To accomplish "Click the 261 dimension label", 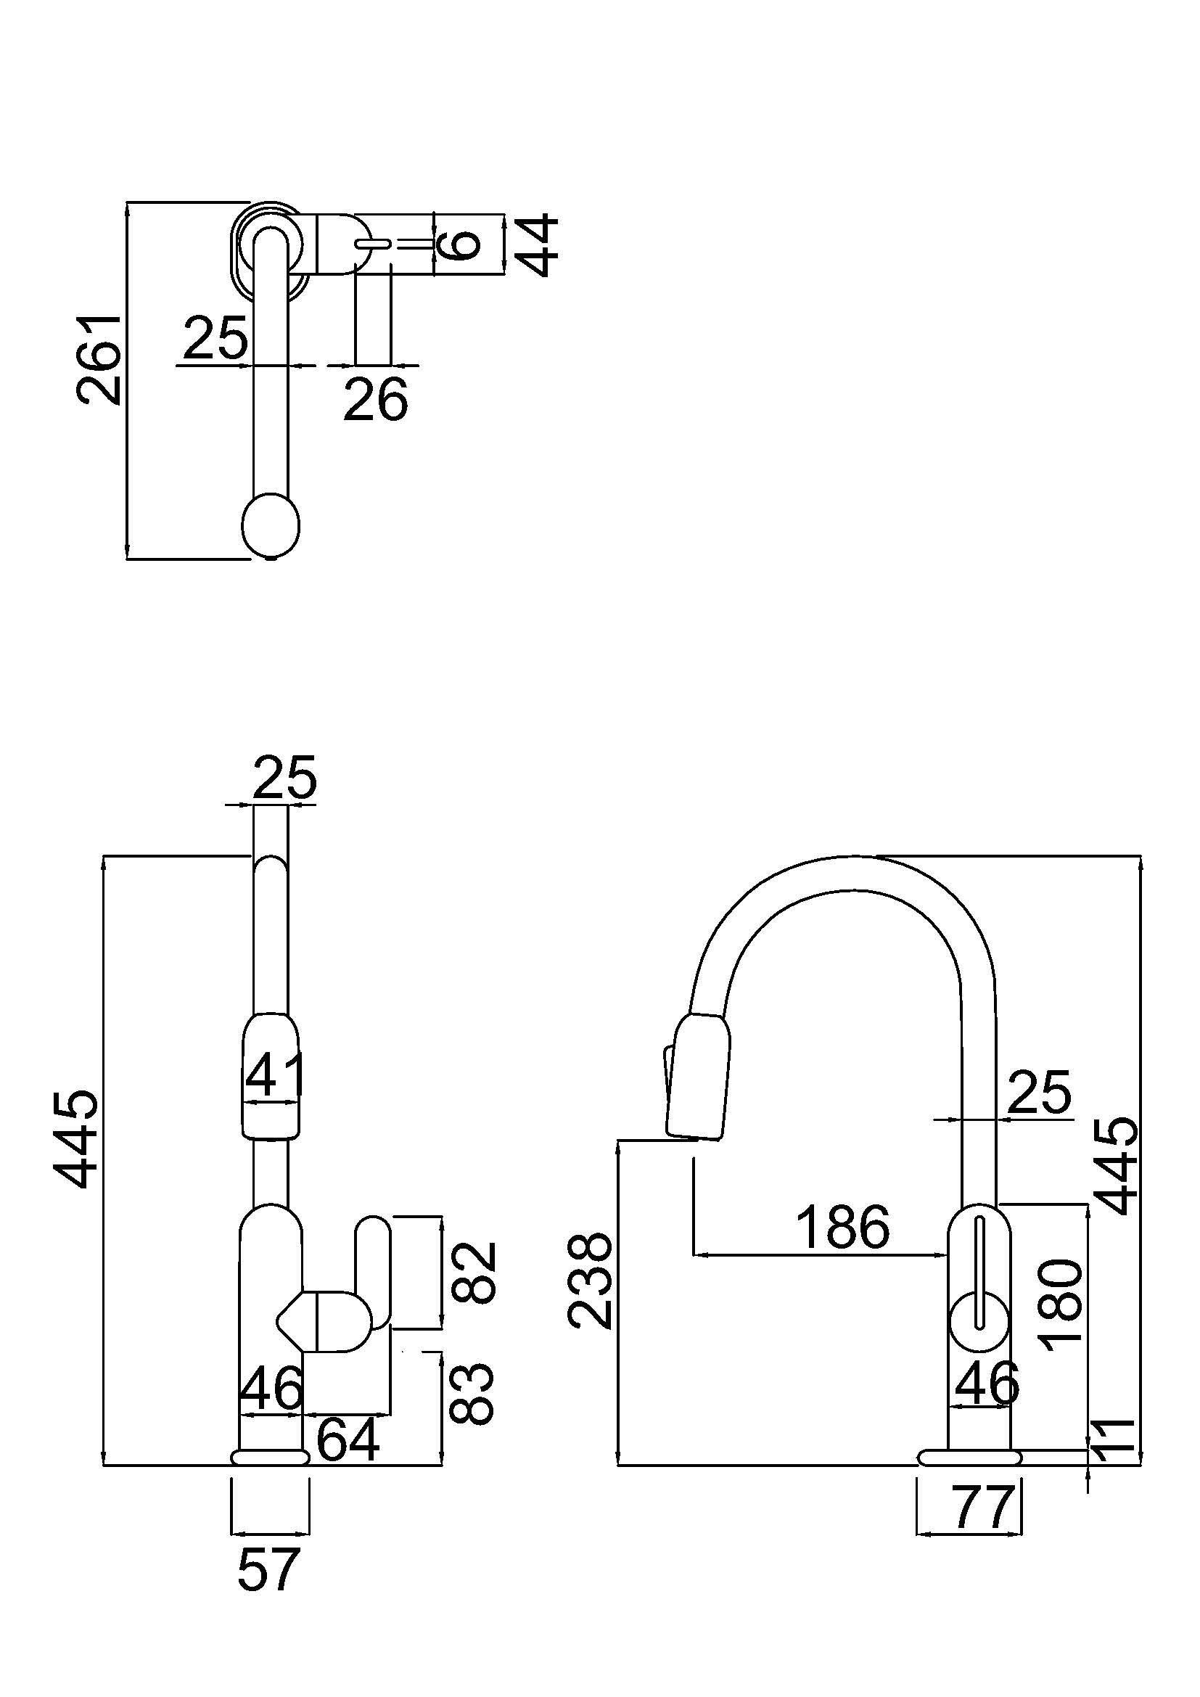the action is point(98,360).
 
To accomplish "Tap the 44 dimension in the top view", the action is point(535,245).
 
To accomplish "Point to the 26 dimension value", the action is point(375,399).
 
